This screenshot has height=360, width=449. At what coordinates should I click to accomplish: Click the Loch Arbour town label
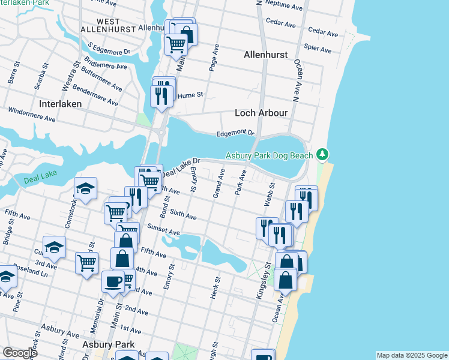pyautogui.click(x=261, y=113)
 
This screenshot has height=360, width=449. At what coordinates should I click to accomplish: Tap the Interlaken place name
pyautogui.click(x=59, y=103)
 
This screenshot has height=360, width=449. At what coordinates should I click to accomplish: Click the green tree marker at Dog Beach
pyautogui.click(x=323, y=155)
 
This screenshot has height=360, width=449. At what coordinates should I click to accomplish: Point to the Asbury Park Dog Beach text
pyautogui.click(x=269, y=156)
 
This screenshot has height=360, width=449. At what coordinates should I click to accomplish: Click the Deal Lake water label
pyautogui.click(x=39, y=179)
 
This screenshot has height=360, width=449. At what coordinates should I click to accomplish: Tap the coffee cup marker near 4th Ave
pyautogui.click(x=112, y=281)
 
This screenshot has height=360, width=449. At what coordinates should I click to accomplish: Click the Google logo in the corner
pyautogui.click(x=19, y=353)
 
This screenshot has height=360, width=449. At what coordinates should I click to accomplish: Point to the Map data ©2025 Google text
pyautogui.click(x=411, y=355)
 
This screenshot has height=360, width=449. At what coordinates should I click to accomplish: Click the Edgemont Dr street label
pyautogui.click(x=236, y=133)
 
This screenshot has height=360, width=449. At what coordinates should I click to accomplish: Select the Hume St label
pyautogui.click(x=193, y=95)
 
